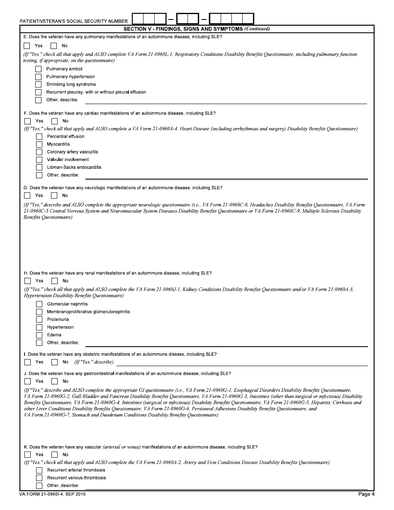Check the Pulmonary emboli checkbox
39,69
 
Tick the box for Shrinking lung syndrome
39,84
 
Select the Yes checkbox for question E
27,46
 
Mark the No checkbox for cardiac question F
54,121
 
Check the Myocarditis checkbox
39,144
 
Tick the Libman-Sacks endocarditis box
39,167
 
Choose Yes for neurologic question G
27,195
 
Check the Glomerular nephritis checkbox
39,304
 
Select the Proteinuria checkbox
39,319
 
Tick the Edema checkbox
39,335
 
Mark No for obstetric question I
54,362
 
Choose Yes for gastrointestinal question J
27,381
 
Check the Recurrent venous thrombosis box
39,478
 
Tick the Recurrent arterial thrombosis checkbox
39,470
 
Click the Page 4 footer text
366,494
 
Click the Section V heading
197,29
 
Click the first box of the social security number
138,19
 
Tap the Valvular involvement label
68,160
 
